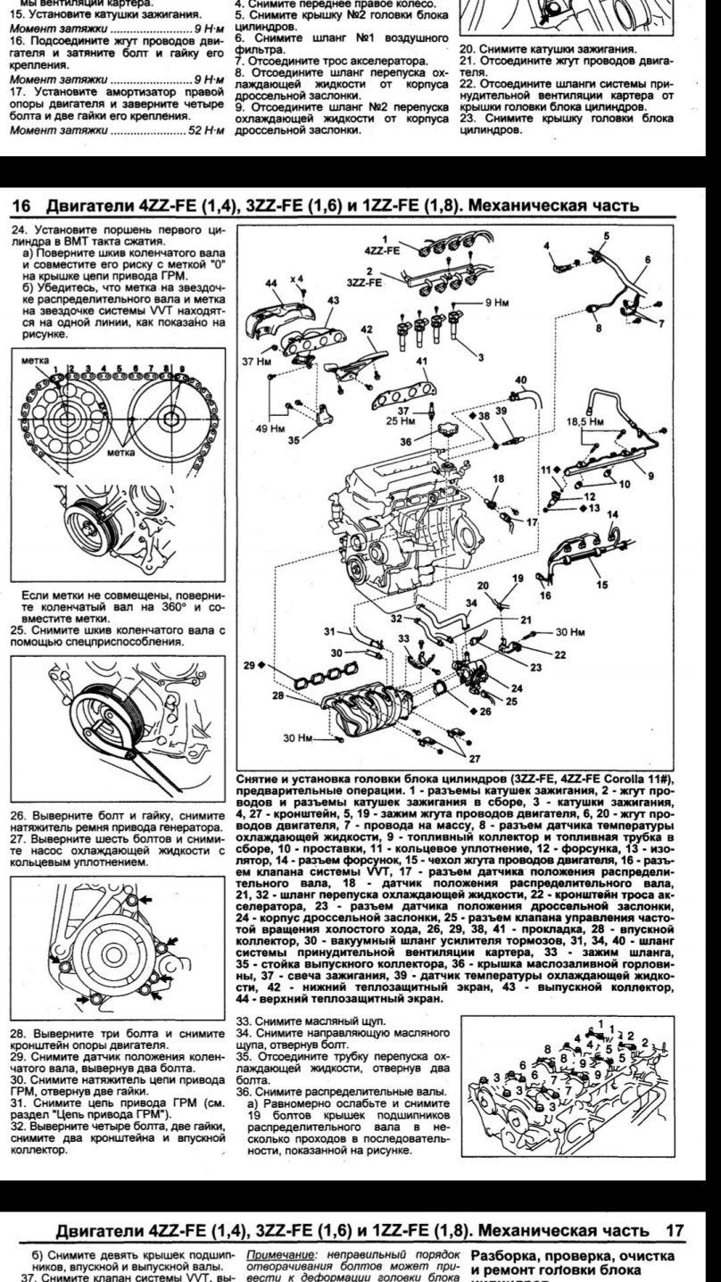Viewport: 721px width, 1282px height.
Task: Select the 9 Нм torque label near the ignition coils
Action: (496, 304)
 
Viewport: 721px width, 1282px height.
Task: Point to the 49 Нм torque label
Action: (260, 428)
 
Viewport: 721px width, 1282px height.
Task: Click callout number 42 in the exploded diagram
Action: (367, 329)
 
